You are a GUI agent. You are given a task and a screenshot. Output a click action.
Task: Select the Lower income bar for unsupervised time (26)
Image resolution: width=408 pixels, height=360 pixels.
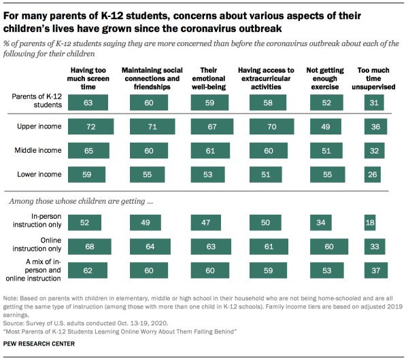[x=371, y=174]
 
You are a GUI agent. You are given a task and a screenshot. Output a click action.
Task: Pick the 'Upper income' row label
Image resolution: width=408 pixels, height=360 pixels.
[x=39, y=127]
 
